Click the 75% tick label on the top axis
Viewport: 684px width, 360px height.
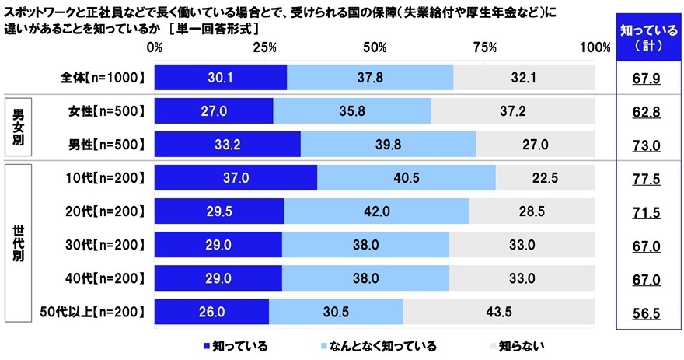(485, 47)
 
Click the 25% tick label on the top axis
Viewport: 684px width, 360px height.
(265, 47)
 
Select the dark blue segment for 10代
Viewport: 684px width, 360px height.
(236, 178)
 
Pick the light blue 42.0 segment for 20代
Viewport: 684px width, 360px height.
(377, 211)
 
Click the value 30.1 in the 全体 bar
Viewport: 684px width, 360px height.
(221, 78)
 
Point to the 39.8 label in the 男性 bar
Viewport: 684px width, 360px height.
(388, 145)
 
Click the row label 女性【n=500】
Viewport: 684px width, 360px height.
(103, 112)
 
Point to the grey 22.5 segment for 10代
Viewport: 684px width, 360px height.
(545, 178)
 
